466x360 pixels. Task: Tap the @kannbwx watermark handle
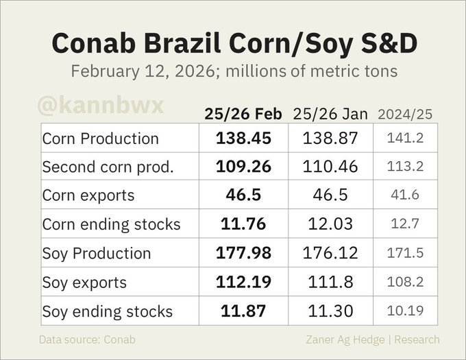[x=101, y=107]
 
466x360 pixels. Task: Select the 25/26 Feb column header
[x=243, y=114]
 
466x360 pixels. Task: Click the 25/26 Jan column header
[x=330, y=114]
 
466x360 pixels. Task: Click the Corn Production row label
[x=100, y=138]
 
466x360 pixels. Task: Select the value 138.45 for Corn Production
[x=243, y=138]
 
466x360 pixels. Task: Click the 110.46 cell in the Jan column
[x=330, y=167]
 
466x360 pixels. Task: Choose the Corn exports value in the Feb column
[x=243, y=195]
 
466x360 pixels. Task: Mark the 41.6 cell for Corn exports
[x=406, y=195]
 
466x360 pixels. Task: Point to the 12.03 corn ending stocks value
[x=330, y=224]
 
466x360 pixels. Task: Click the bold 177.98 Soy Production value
[x=243, y=253]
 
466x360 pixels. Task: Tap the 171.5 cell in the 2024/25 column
[x=406, y=253]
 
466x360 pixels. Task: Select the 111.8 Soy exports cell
[x=330, y=282]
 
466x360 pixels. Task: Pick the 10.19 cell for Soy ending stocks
[x=406, y=311]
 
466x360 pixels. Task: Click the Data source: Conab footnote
[x=87, y=339]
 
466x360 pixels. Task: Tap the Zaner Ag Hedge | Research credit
[x=373, y=339]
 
